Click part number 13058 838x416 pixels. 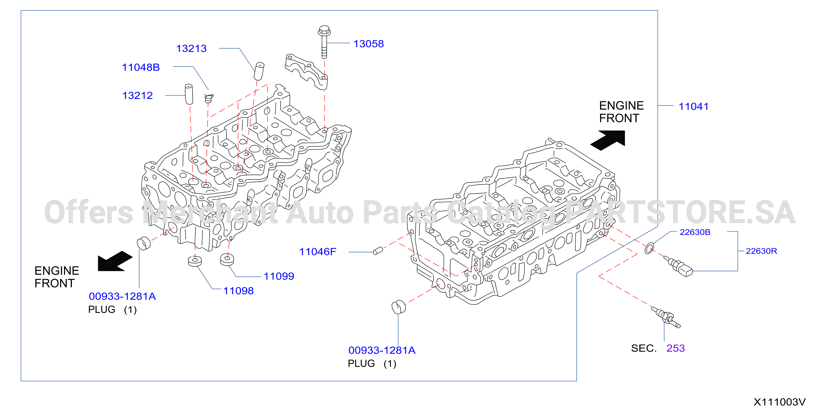(x=368, y=43)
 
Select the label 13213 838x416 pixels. (x=191, y=48)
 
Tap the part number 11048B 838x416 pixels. (x=141, y=67)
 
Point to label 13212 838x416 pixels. (x=137, y=96)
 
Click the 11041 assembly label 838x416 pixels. (x=693, y=106)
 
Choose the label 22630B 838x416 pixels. (x=695, y=232)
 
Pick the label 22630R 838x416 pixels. (x=761, y=251)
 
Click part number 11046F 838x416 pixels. (x=317, y=251)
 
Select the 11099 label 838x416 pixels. (x=279, y=276)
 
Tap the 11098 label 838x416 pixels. (x=239, y=291)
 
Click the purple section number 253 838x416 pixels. (x=675, y=348)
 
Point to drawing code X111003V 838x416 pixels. (x=779, y=402)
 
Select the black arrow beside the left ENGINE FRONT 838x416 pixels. (x=115, y=261)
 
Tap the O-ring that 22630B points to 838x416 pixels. (x=649, y=248)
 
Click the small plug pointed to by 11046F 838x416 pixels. (x=378, y=251)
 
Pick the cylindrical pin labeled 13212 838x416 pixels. (x=189, y=94)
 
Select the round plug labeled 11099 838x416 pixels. (x=227, y=259)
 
